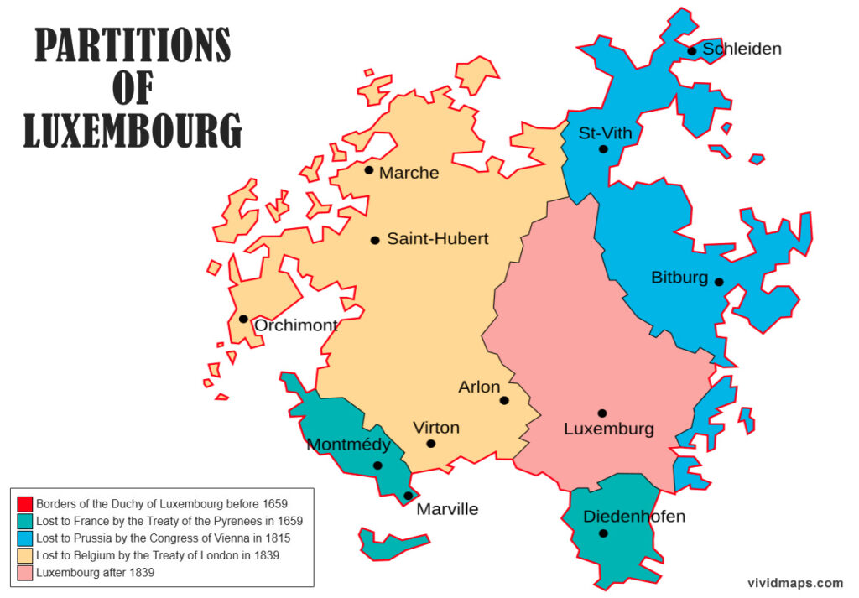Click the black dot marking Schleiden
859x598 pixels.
(x=692, y=51)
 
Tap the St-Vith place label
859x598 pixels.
(x=605, y=133)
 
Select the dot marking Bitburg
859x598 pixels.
(x=719, y=282)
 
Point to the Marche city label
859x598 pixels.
(x=409, y=173)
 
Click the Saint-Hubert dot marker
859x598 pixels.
(x=375, y=240)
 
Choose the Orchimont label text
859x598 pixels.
(x=295, y=325)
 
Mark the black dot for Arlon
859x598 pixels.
(x=504, y=400)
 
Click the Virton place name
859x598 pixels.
(x=436, y=428)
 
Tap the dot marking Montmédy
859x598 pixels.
(x=377, y=465)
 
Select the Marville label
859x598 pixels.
(x=447, y=509)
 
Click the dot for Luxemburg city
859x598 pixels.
(x=601, y=413)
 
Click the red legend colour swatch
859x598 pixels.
(x=25, y=504)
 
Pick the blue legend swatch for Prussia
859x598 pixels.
(x=25, y=538)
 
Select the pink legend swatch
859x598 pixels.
(x=25, y=573)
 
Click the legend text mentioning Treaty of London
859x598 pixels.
(x=158, y=555)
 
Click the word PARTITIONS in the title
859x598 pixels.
(x=133, y=46)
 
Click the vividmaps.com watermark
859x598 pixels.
(x=794, y=583)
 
